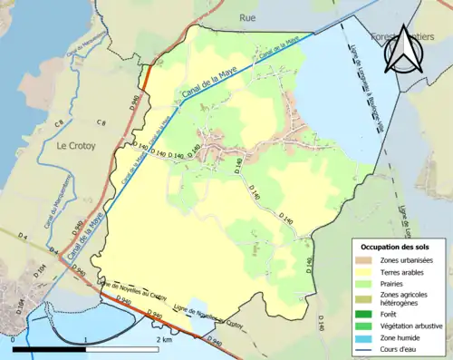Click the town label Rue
(247, 17)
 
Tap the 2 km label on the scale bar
(164, 339)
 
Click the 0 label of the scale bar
(13, 339)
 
